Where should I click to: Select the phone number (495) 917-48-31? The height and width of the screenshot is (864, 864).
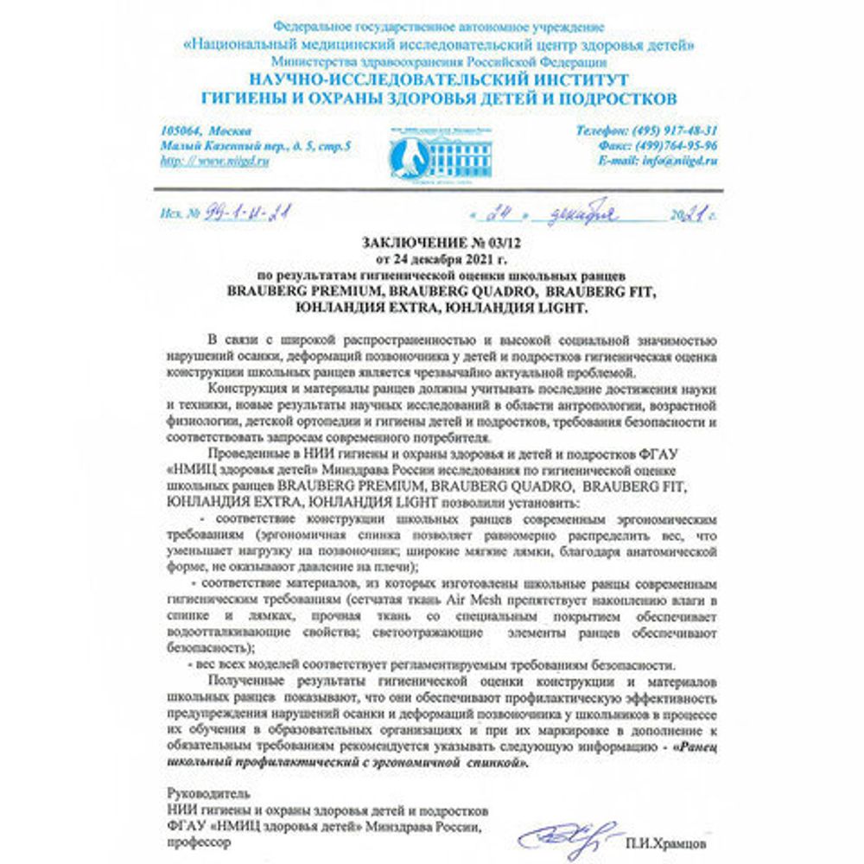point(675,130)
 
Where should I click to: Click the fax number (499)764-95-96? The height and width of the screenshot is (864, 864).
point(675,145)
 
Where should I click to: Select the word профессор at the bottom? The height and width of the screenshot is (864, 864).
point(198,845)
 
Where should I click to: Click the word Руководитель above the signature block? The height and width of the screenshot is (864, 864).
point(207,792)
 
